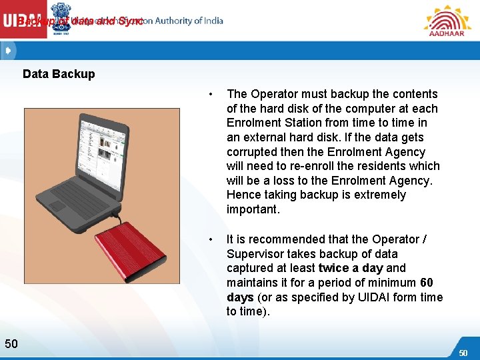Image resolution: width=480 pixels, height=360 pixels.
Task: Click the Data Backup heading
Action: tap(59, 74)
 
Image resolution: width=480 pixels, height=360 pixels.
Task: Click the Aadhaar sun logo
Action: tap(447, 17)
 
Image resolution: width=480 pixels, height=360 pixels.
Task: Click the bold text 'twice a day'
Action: tap(351, 268)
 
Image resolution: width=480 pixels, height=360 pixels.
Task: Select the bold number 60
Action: tap(427, 283)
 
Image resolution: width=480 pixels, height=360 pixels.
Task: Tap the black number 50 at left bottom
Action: tap(11, 343)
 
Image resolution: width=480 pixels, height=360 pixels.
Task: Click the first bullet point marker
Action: tap(211, 94)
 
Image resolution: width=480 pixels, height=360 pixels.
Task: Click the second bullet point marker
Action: tap(211, 239)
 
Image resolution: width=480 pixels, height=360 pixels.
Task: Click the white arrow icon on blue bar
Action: tap(8, 50)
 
